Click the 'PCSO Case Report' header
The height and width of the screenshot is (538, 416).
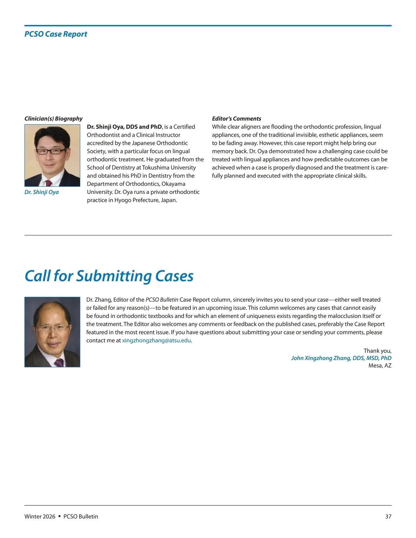coord(55,34)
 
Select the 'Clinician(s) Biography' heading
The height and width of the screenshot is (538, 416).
coord(53,118)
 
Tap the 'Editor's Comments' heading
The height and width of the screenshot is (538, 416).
coord(236,118)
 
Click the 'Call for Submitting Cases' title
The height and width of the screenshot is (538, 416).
coord(109,276)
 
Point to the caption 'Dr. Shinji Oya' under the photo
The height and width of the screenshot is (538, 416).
coord(42,192)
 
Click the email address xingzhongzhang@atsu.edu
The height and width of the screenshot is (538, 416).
coord(156,340)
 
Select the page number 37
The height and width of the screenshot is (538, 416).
coord(388,516)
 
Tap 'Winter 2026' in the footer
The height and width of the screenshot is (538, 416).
coord(40,516)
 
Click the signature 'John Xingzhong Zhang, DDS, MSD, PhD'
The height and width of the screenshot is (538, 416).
coord(341,358)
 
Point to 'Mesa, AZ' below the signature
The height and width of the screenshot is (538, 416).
coord(380,365)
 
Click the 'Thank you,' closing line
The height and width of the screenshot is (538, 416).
coord(377,351)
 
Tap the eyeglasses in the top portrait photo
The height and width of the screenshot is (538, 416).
coord(51,151)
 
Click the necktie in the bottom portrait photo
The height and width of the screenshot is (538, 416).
coord(59,362)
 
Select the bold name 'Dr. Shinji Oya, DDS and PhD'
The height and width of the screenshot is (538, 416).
coord(124,127)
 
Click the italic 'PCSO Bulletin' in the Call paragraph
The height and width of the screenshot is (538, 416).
coord(162,300)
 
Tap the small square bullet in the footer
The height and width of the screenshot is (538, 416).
coord(59,516)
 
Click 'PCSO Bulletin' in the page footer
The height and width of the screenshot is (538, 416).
coord(81,516)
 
